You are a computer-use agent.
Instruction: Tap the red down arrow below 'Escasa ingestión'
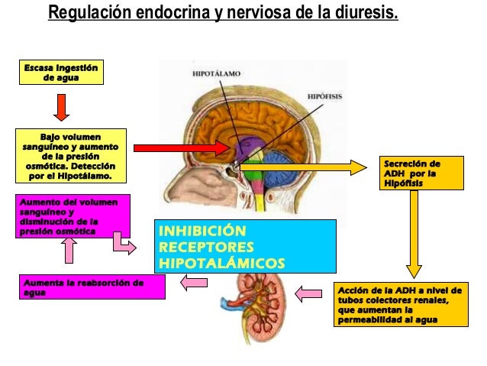(x=62, y=107)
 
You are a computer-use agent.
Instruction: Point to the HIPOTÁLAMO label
(x=215, y=73)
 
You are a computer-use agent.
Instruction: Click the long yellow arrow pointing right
(x=305, y=166)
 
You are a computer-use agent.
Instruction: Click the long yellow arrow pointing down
(x=414, y=233)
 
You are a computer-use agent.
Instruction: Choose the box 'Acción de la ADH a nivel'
(x=399, y=304)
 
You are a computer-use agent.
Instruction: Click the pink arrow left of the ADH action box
(x=309, y=292)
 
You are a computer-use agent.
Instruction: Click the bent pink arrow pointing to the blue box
(x=123, y=243)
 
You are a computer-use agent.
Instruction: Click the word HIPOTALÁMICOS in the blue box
(x=221, y=264)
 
